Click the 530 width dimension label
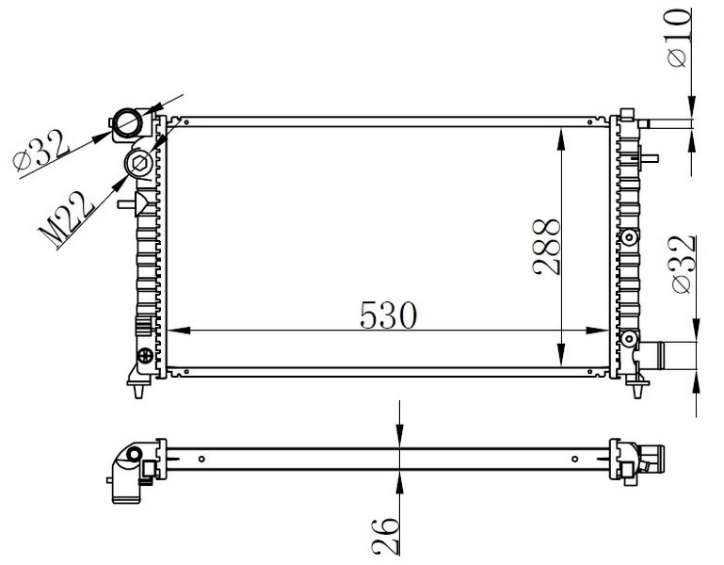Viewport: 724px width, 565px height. [x=388, y=315]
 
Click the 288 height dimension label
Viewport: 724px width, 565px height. [x=546, y=247]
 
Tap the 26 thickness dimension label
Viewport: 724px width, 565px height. [x=385, y=536]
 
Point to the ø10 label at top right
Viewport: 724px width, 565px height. [x=679, y=38]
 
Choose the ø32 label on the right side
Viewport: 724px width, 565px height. [x=684, y=265]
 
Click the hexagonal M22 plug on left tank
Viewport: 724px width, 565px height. [x=139, y=163]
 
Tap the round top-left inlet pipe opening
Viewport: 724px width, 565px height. [x=128, y=122]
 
